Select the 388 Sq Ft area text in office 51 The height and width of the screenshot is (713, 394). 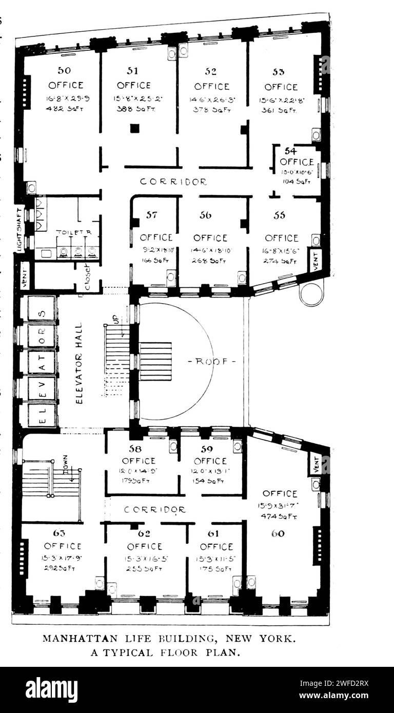pos(133,109)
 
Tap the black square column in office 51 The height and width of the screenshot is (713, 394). pos(134,128)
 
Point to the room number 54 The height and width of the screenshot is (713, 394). pos(290,151)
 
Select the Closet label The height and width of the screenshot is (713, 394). pos(87,277)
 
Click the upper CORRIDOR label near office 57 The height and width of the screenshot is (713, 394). pos(173,182)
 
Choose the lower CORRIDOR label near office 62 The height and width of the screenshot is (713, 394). pos(155,510)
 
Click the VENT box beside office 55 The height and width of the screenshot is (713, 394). pos(316,260)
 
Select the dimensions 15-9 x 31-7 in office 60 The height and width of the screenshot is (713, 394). pos(280,506)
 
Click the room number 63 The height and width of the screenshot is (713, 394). pos(58,533)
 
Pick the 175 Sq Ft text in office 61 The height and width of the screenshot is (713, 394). pos(216,569)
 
